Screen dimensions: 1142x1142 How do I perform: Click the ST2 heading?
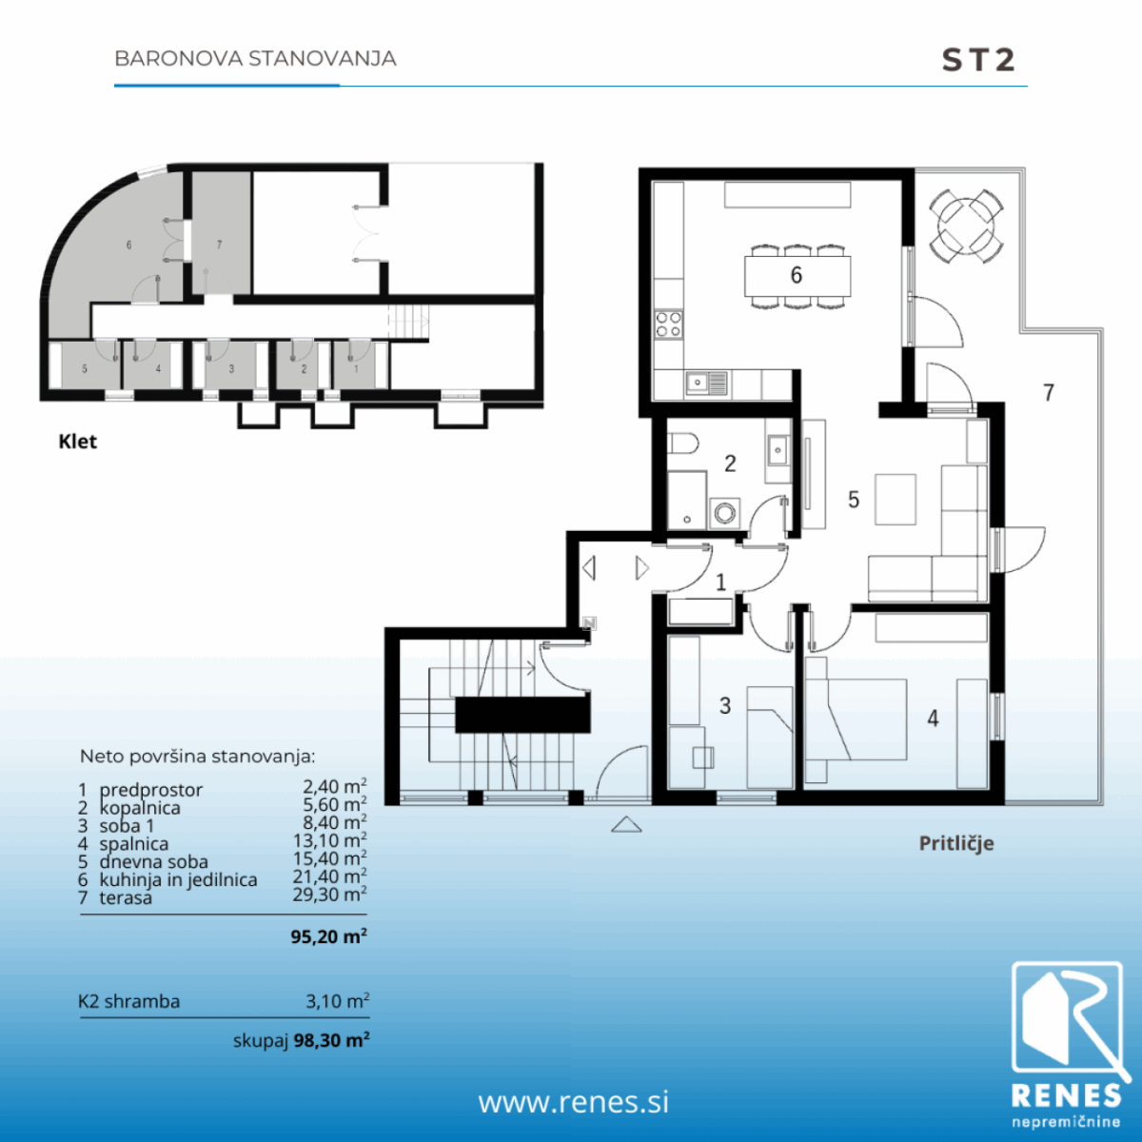point(978,60)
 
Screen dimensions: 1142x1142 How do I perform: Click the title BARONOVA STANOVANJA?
point(255,59)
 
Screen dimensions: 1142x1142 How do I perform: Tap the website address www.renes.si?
point(574,1102)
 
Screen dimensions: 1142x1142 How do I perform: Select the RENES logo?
point(1068,1046)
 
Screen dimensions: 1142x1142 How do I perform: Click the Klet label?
point(78,442)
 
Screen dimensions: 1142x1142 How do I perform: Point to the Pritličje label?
point(955,843)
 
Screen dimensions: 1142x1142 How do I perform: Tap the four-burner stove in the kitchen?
point(668,325)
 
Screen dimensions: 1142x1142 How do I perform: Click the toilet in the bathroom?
point(682,443)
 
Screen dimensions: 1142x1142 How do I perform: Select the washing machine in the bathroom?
point(724,513)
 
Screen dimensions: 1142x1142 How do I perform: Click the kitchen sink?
point(706,384)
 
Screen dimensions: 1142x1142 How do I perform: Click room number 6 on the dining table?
point(796,275)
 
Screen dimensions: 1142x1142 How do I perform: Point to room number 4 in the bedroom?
point(933,719)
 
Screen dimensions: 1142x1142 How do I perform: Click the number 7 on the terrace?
point(1049,393)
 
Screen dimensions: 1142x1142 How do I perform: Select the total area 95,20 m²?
point(328,936)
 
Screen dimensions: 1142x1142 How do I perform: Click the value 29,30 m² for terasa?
point(329,894)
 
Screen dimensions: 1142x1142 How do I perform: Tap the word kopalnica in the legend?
point(140,808)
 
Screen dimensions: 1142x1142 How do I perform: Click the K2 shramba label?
point(129,1001)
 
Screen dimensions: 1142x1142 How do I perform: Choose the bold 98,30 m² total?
point(331,1040)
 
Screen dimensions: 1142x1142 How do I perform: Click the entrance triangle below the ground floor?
point(626,824)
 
